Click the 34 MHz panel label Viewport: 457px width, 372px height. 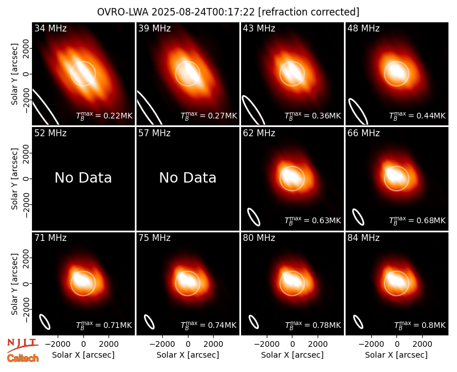tap(50, 28)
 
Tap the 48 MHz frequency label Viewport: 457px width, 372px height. tap(363, 28)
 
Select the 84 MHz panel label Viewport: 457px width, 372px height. tap(363, 238)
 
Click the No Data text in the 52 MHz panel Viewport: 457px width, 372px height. tap(83, 178)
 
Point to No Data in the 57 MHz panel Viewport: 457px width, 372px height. tap(188, 178)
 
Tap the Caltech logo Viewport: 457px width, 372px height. tap(23, 358)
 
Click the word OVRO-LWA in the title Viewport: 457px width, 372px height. tap(123, 12)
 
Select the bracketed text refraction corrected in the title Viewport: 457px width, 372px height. tap(309, 12)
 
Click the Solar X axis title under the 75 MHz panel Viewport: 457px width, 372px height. tap(188, 355)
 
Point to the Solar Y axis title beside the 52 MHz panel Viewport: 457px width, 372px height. tap(14, 179)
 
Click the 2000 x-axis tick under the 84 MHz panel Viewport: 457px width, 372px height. tap(422, 345)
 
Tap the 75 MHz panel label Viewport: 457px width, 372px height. tap(154, 238)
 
